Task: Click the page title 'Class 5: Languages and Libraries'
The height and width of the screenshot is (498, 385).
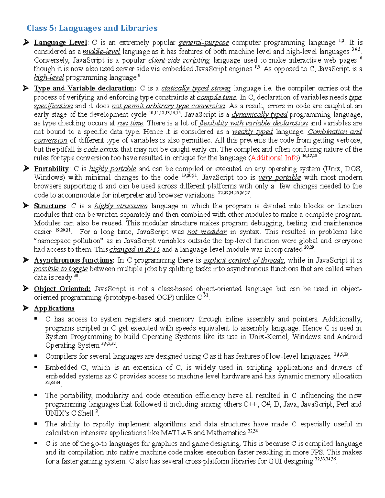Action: (92, 28)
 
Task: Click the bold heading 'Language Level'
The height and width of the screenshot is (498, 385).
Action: (60, 43)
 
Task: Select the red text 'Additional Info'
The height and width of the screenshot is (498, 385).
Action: (274, 158)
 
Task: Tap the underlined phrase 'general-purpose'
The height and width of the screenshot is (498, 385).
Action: (203, 43)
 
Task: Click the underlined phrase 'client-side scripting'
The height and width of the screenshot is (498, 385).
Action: (179, 60)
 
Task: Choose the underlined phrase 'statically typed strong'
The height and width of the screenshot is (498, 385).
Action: (196, 89)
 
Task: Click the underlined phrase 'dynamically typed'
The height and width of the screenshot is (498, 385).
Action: (259, 114)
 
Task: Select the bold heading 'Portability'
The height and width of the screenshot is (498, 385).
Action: (51, 169)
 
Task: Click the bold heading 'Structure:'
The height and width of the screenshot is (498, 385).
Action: (50, 206)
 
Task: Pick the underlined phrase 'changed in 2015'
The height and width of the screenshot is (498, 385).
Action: (134, 249)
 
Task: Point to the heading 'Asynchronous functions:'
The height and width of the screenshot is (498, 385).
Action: (74, 260)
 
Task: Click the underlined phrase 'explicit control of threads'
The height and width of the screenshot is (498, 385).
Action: (244, 260)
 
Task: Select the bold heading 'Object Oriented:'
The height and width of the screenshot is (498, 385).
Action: (62, 289)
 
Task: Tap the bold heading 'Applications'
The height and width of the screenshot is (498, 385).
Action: (54, 308)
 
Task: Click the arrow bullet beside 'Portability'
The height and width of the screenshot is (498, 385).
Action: (26, 169)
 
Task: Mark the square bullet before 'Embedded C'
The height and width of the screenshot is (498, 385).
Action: (36, 367)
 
